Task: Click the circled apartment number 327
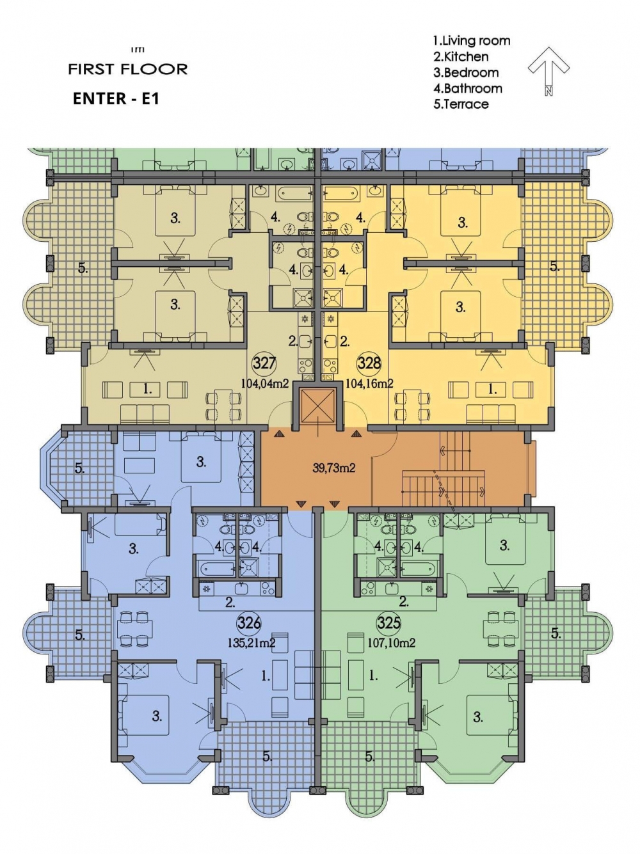(264, 363)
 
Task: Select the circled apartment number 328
(369, 363)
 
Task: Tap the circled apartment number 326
(248, 623)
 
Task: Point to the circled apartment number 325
(388, 623)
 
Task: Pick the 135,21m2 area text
(252, 643)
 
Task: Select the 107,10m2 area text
(392, 643)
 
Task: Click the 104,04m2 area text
(264, 384)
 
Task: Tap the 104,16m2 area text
(370, 384)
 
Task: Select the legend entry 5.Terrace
(461, 104)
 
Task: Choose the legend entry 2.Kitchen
(461, 57)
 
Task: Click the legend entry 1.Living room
(472, 41)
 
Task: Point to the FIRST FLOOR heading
(128, 69)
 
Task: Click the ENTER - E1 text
(116, 99)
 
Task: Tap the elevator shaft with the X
(318, 405)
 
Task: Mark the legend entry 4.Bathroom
(468, 88)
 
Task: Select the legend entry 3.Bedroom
(466, 73)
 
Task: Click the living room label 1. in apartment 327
(147, 389)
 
